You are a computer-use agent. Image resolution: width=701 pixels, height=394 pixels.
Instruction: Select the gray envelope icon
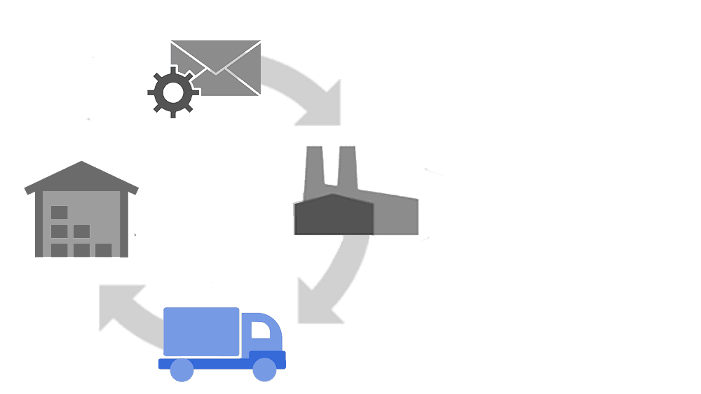[215, 68]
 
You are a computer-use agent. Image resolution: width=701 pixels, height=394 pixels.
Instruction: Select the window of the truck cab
[261, 331]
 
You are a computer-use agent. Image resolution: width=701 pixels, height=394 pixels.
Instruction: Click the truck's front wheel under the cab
[264, 370]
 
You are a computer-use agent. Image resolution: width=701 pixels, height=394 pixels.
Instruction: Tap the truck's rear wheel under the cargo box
[182, 370]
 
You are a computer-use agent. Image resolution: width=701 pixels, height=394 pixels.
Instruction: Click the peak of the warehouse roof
[81, 163]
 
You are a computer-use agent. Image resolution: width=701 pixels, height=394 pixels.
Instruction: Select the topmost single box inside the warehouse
[60, 212]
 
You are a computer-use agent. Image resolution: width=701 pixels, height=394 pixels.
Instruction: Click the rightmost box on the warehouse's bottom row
[104, 250]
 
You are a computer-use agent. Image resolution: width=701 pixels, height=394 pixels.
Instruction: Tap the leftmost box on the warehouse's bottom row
[60, 250]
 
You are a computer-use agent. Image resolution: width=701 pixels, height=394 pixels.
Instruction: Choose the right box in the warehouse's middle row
[82, 231]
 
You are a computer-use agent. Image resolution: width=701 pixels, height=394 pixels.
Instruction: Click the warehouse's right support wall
[124, 224]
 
